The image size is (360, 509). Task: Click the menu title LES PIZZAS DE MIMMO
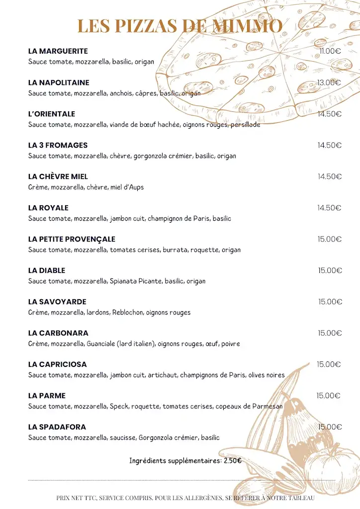pos(180,26)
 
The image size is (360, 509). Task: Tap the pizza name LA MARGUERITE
pos(58,51)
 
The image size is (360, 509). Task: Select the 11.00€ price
pos(330,51)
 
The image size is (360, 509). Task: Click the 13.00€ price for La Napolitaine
pos(329,83)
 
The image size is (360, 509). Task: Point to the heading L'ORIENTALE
pos(52,114)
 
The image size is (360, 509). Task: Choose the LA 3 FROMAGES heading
pos(58,145)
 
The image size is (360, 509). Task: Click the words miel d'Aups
pos(131,187)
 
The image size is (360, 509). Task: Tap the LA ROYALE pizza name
pos(48,208)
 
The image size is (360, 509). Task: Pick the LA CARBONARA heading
pos(58,333)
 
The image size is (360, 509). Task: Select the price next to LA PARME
pos(328,396)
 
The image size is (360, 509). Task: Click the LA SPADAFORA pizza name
pos(57,427)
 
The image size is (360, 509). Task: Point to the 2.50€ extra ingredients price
pos(232,461)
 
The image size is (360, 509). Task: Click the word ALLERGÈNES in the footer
pos(204,498)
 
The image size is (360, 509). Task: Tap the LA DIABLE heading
pos(47,270)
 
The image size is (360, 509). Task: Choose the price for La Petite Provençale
pos(330,239)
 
